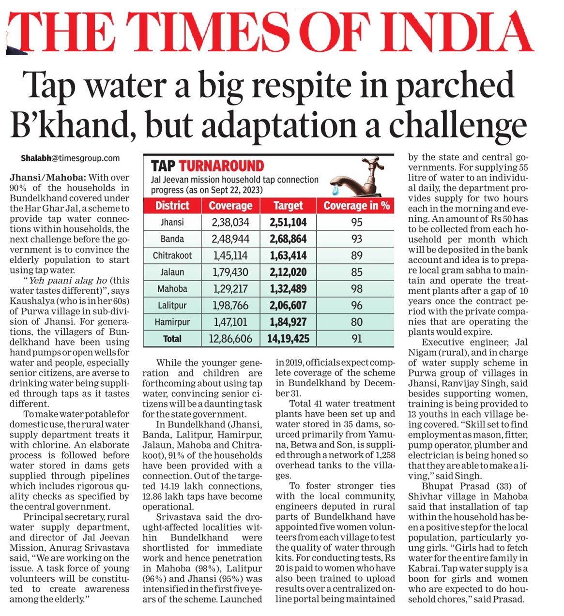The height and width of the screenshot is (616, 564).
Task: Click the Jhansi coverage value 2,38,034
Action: point(230,222)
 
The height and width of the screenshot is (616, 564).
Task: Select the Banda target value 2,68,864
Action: point(288,239)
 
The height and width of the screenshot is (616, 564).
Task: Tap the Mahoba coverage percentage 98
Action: point(356,289)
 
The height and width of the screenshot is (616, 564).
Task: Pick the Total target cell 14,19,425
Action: point(288,338)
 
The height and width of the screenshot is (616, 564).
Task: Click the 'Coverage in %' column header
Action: point(356,206)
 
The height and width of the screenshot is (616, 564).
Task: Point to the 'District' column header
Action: point(172,206)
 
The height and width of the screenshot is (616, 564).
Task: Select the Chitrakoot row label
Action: point(172,255)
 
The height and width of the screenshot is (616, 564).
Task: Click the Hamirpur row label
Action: point(172,322)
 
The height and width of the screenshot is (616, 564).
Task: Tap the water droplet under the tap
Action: point(335,190)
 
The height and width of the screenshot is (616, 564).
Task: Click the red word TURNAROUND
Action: point(221,166)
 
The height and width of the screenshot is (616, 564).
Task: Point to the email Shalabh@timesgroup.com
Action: point(70,158)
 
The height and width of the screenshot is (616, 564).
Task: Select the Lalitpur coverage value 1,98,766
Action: point(230,305)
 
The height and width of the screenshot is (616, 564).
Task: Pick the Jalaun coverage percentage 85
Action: point(356,272)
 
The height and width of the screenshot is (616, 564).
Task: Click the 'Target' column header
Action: point(288,206)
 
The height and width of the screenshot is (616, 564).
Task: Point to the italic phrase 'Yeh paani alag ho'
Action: point(68,280)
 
